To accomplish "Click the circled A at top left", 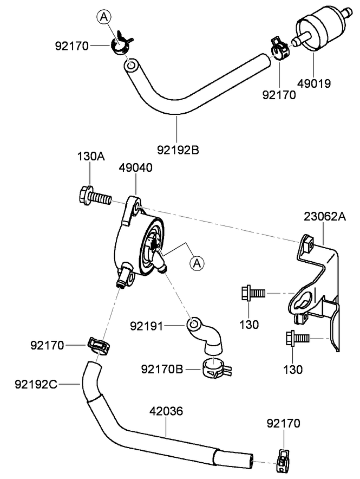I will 104,17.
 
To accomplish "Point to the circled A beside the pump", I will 197,263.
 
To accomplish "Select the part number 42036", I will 166,412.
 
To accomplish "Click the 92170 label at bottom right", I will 283,423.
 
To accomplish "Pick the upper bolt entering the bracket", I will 252,293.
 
